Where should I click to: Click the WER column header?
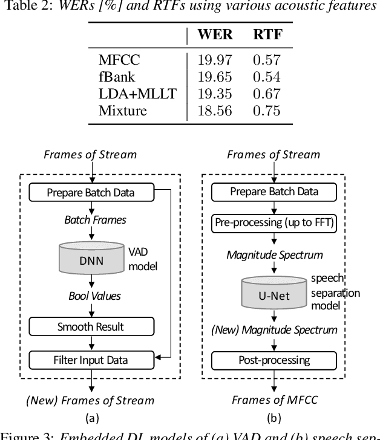pos(215,34)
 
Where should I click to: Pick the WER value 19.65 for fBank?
pos(215,76)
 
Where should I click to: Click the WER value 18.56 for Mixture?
pos(215,110)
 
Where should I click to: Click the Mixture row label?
pos(122,110)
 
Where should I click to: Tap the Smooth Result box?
pos(91,327)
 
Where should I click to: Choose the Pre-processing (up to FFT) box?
pos(274,223)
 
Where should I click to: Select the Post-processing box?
pos(274,360)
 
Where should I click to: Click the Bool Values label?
pos(93,296)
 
